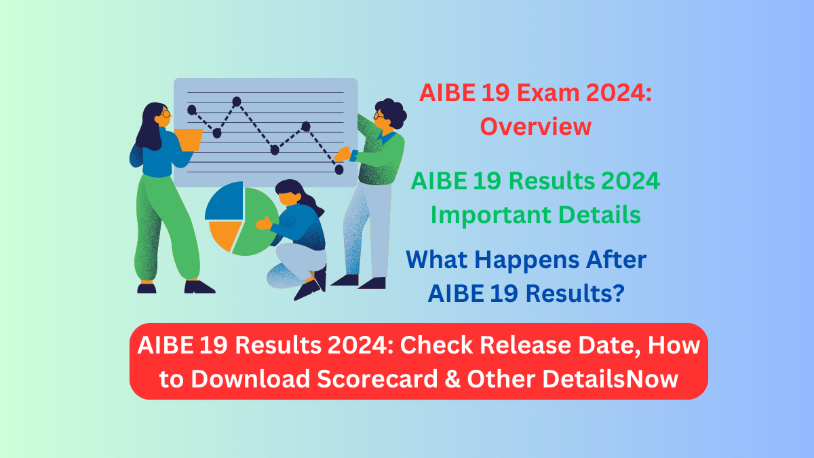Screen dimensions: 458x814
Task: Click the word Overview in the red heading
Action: (x=536, y=126)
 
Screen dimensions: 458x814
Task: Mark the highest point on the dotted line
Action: (x=237, y=102)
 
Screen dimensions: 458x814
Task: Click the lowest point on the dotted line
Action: (x=339, y=170)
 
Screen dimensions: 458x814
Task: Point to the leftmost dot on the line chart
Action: (x=192, y=109)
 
